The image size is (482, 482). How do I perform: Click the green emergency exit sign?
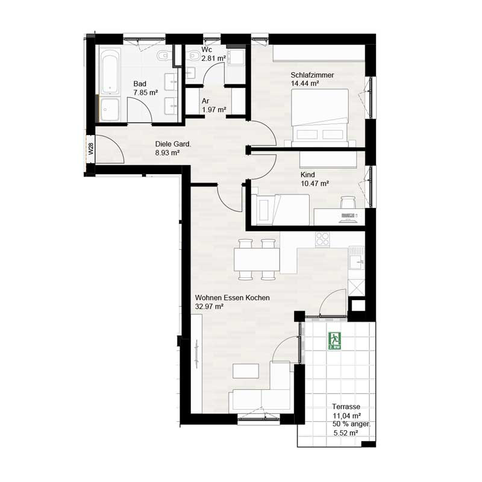[335, 341]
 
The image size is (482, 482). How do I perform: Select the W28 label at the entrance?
[90, 149]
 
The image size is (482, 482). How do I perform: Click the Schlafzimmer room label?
[312, 75]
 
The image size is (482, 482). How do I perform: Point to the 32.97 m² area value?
[209, 306]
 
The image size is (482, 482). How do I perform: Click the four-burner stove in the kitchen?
[322, 239]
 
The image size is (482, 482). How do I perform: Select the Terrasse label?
[346, 406]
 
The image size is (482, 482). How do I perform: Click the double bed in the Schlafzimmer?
[320, 117]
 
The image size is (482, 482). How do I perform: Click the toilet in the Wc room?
[194, 56]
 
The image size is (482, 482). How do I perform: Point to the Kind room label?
[308, 175]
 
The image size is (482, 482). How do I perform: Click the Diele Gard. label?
[173, 144]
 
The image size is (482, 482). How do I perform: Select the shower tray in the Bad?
[110, 110]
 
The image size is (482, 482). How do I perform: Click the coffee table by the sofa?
[246, 371]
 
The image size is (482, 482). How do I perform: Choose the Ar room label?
[205, 101]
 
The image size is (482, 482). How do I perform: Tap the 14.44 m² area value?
[305, 83]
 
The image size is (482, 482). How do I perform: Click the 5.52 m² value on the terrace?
[345, 433]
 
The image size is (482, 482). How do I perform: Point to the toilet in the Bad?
[162, 55]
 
